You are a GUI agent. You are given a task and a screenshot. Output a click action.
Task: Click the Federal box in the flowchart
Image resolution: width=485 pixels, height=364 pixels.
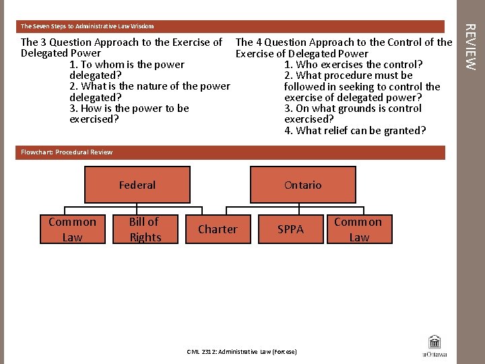pos(137,185)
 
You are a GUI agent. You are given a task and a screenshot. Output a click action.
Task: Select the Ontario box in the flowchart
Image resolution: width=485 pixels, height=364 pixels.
pos(302,185)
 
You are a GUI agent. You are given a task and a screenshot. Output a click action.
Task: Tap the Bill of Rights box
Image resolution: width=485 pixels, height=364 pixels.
pos(145,229)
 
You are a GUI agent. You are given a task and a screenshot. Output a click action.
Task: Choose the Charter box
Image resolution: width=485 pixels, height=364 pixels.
pos(218,229)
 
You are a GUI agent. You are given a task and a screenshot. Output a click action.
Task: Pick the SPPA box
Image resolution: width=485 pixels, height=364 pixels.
pos(290,229)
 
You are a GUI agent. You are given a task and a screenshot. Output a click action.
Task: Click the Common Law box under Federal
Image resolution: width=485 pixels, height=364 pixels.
pos(72,229)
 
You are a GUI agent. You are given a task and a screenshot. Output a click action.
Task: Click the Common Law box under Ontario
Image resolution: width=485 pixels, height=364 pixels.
pos(358,229)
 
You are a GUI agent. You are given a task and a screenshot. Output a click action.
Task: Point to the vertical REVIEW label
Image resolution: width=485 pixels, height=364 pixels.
pos(471,47)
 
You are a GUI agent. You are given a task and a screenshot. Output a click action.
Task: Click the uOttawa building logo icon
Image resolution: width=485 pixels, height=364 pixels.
pos(434,342)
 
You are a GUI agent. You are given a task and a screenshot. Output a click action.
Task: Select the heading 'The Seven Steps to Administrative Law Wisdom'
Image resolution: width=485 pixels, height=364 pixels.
pos(88,26)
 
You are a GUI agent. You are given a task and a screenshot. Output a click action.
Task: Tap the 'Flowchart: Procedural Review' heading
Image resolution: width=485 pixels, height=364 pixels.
pos(67,152)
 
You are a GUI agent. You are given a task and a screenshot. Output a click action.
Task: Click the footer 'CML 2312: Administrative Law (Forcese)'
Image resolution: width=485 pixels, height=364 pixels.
pos(241,352)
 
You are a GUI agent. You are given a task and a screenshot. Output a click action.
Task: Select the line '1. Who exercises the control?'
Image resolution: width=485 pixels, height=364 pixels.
pos(354,65)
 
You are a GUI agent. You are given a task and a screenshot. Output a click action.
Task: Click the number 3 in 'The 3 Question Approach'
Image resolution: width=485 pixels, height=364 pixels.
pos(44,42)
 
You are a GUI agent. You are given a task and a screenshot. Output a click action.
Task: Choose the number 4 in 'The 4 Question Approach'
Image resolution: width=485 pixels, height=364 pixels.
pos(258,42)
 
